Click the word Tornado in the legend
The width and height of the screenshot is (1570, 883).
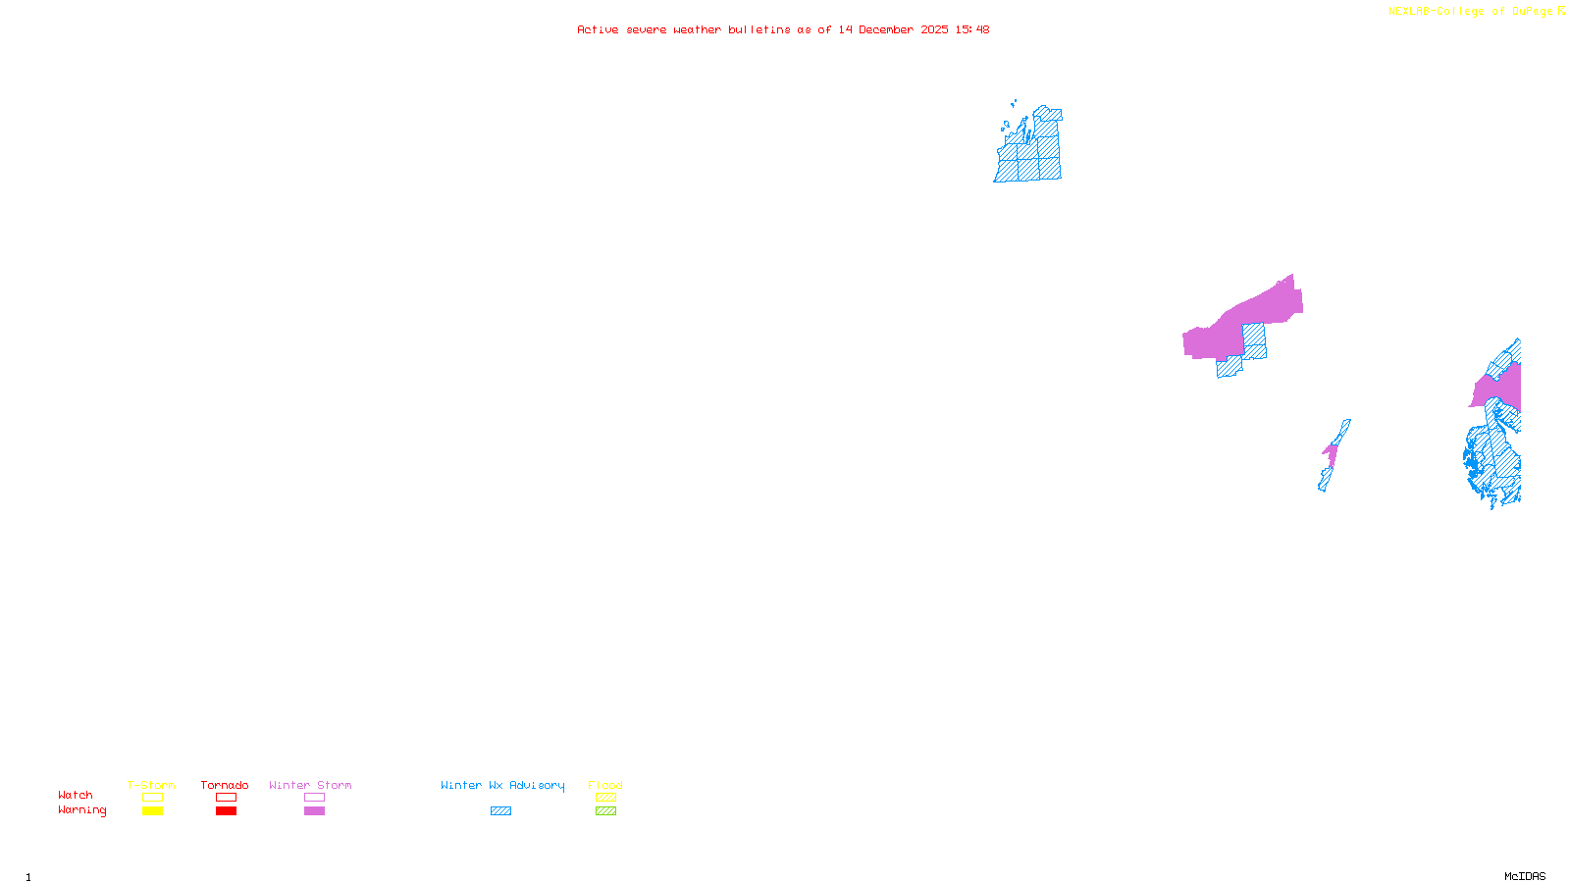click(x=225, y=785)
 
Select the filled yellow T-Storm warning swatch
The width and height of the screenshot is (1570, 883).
click(x=152, y=811)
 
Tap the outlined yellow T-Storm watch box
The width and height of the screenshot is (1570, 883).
click(x=152, y=798)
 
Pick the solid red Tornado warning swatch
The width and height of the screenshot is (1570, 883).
click(x=227, y=811)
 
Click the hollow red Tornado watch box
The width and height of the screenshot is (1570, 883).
click(x=227, y=798)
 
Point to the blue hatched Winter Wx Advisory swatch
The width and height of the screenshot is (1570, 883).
click(x=500, y=811)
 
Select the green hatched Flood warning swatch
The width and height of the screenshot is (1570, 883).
click(x=605, y=811)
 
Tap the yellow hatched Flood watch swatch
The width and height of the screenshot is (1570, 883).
click(x=605, y=798)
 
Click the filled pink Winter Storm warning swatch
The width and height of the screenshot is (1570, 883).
click(x=314, y=811)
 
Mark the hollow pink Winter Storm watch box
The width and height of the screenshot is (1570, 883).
click(x=314, y=798)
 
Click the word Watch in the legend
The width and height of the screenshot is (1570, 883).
click(x=76, y=795)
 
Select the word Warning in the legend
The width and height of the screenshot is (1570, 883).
click(x=81, y=810)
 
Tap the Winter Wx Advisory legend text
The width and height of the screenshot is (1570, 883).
click(x=502, y=785)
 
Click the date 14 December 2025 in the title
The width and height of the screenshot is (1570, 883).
click(x=893, y=29)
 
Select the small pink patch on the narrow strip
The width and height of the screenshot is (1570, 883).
click(x=1331, y=454)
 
